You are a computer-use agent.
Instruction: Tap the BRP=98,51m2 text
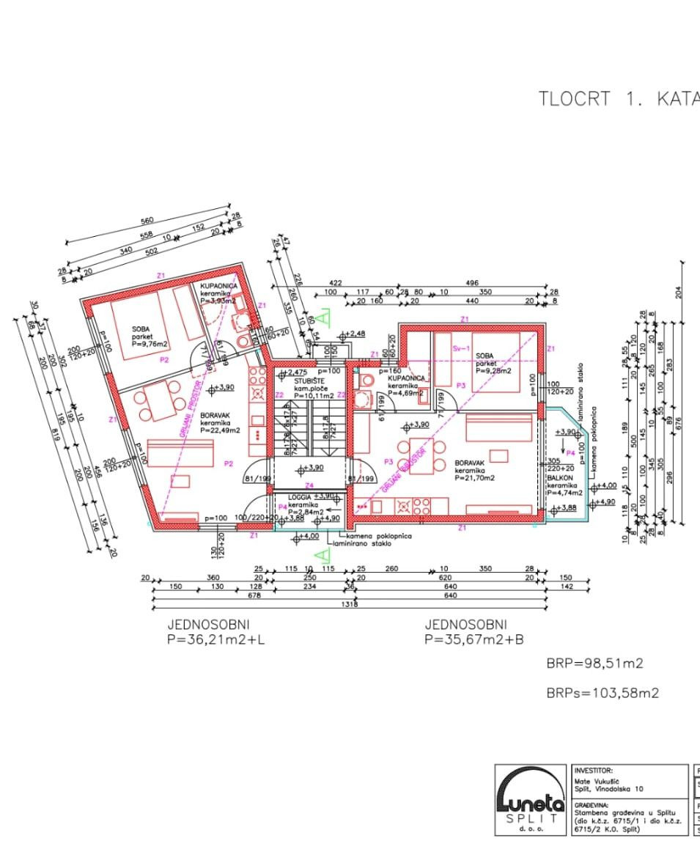click(594, 664)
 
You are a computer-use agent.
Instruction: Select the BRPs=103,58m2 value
click(602, 692)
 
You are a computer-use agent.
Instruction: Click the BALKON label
click(559, 477)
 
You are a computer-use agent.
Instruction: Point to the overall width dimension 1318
click(350, 605)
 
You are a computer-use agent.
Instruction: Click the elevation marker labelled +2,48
click(354, 334)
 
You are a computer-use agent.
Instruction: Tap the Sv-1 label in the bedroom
click(461, 348)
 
